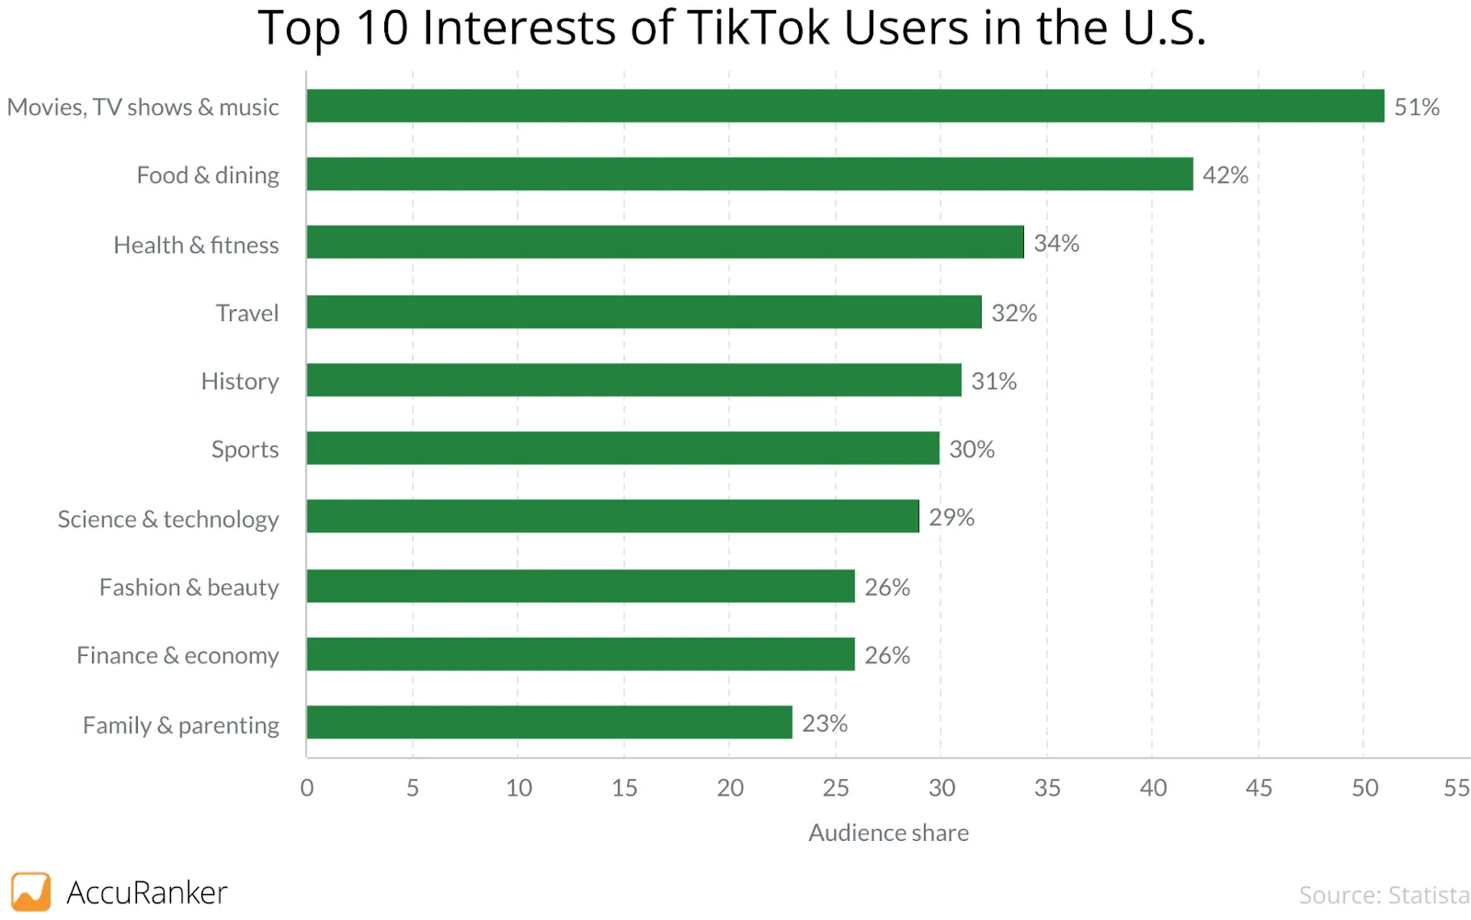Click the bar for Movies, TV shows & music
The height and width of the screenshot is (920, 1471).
point(845,106)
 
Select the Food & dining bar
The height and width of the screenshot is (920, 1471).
point(749,174)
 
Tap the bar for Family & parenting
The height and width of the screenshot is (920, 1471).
point(549,722)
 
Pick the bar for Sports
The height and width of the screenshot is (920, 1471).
point(622,448)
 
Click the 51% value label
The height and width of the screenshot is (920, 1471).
point(1416,107)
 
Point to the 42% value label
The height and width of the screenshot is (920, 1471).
point(1225,175)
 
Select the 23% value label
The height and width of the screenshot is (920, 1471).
point(824,723)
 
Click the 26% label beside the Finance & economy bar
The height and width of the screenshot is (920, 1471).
point(886,655)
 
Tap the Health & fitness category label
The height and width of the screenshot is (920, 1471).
point(196,245)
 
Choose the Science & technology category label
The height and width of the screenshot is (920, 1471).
point(168,519)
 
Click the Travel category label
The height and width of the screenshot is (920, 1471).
point(246,313)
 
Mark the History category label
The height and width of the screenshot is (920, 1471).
point(239,381)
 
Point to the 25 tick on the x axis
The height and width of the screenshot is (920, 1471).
point(836,788)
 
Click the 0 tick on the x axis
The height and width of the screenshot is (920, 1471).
point(307,788)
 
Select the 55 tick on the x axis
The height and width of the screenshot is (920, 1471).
point(1455,788)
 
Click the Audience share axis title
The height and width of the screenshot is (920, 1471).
point(888,833)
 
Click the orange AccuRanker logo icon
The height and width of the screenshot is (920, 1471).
point(30,891)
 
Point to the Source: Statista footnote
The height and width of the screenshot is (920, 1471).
point(1383,894)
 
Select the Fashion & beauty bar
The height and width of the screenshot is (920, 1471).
point(580,586)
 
